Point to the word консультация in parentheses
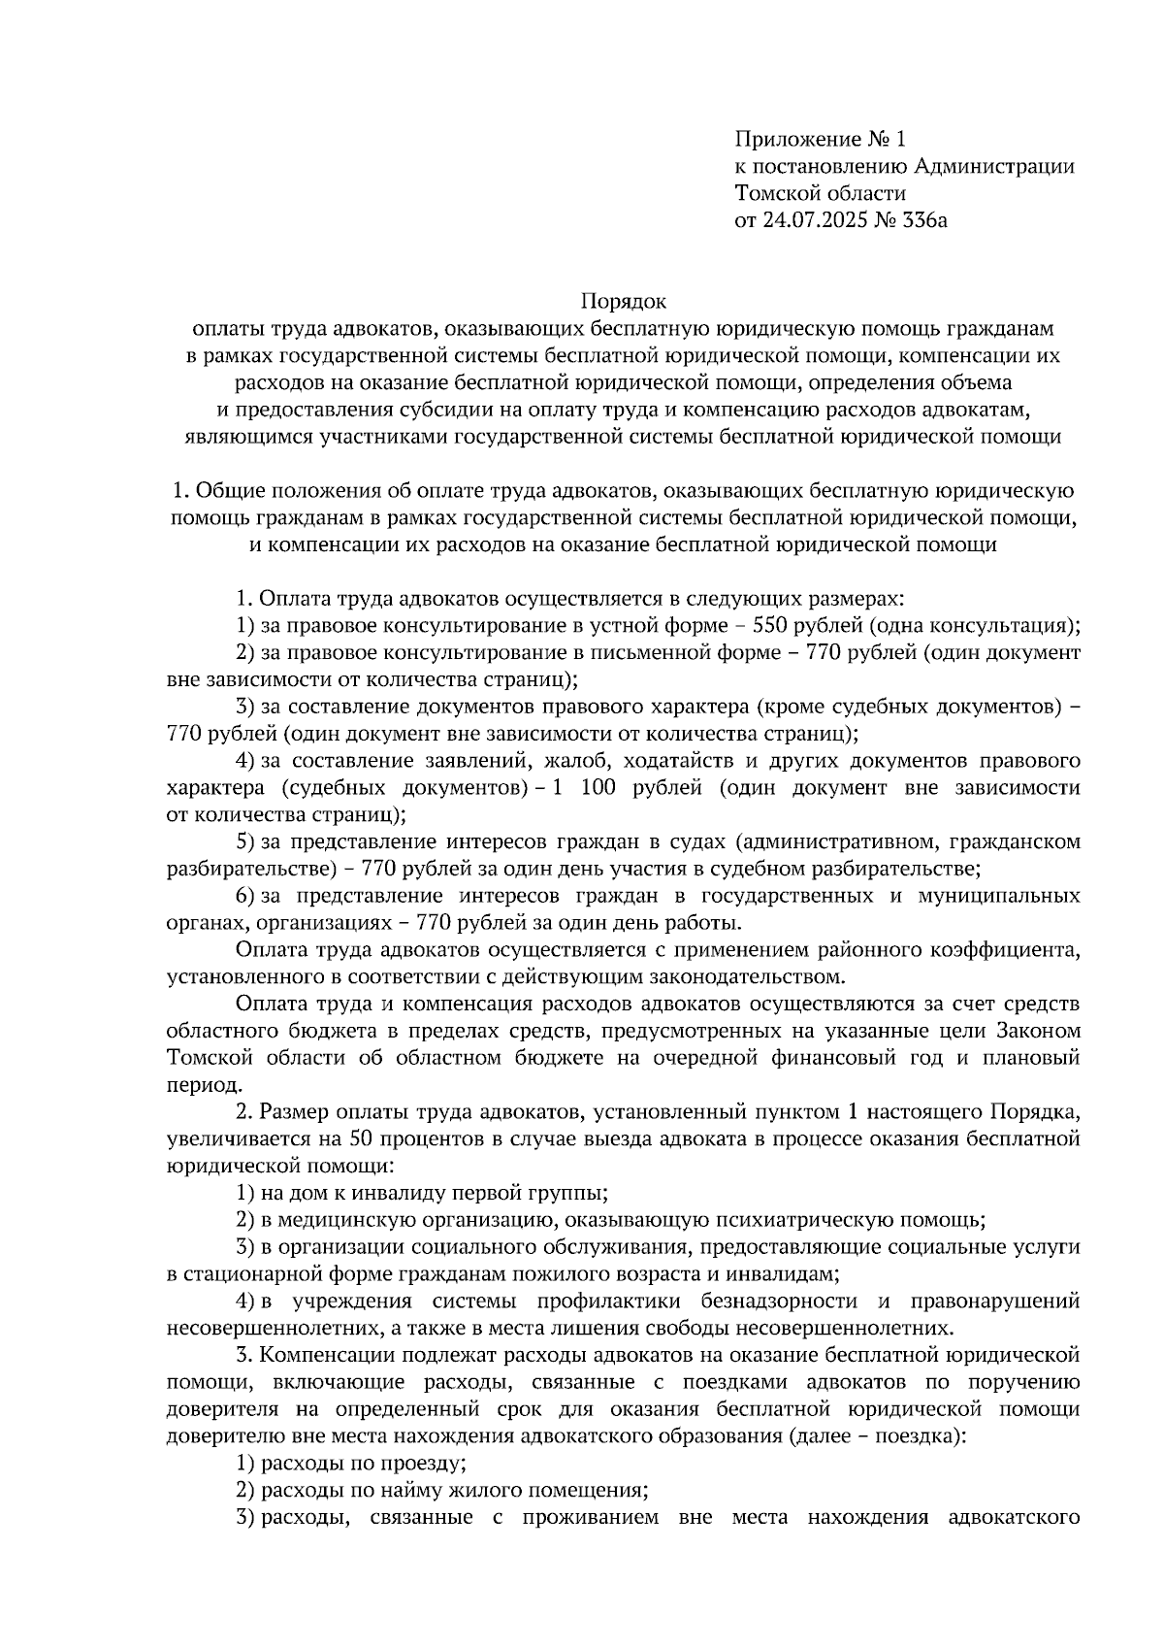click(1017, 625)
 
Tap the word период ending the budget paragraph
click(202, 1084)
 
